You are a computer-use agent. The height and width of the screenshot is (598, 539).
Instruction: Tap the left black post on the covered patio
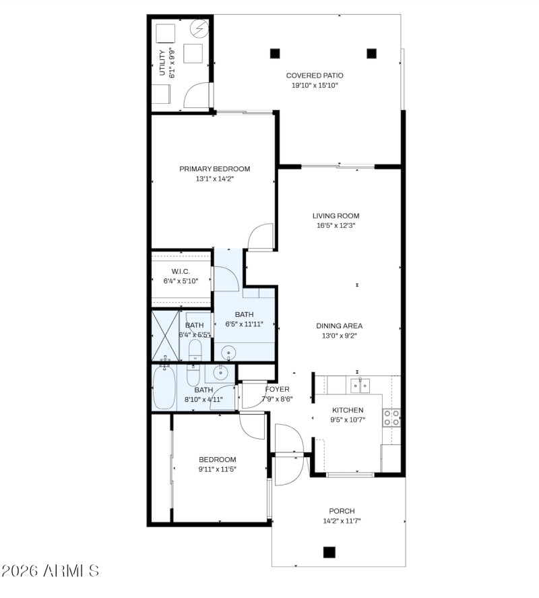point(274,53)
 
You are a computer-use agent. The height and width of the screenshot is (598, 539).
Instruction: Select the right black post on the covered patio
point(371,53)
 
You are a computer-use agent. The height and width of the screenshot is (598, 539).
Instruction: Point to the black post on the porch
point(329,551)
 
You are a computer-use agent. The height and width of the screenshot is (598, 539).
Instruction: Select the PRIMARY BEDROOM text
point(214,169)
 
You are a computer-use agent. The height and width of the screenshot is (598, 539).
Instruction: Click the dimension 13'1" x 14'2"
point(214,179)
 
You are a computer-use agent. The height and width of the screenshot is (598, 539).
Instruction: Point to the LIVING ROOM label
point(336,216)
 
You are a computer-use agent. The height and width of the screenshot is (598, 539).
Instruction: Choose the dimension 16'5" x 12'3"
point(336,226)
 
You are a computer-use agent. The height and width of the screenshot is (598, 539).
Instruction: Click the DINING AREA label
point(340,326)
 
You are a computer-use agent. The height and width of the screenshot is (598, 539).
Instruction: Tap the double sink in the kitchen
point(359,385)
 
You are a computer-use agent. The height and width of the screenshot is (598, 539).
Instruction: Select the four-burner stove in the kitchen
point(391,417)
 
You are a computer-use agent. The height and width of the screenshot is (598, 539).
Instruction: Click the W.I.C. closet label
point(181,271)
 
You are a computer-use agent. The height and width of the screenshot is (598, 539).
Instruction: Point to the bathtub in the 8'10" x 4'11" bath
point(164,388)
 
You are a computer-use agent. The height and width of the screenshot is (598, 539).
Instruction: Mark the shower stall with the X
point(164,335)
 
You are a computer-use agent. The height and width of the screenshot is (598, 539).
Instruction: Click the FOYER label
point(277,389)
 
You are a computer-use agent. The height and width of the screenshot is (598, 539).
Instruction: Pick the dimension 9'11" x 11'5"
point(217,469)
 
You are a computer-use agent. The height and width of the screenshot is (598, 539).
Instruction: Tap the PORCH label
point(342,511)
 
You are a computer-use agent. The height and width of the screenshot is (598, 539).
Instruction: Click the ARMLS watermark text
point(51,571)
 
